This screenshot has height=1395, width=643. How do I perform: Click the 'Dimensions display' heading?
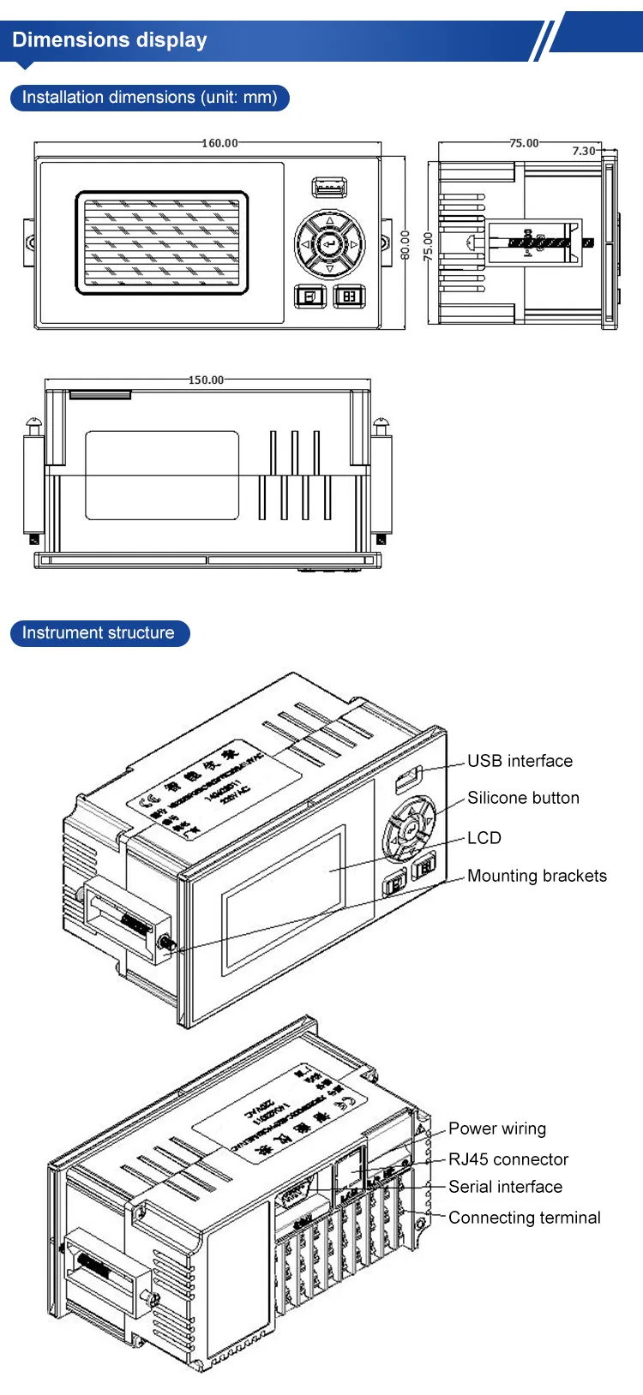110,40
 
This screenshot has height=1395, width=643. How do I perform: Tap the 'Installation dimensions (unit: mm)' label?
149,98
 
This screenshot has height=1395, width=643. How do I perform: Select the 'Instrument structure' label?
98,633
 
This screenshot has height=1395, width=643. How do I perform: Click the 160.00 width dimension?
219,143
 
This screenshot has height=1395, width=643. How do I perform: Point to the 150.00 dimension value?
206,380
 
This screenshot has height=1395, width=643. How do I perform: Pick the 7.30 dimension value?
584,151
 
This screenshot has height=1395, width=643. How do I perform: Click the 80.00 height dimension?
406,245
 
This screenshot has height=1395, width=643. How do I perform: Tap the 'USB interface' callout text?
520,761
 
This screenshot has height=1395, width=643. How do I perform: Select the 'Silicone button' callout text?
523,798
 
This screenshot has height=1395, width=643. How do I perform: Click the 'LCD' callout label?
484,838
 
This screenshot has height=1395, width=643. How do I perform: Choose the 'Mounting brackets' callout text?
537,876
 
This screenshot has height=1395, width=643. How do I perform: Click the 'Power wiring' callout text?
497,1129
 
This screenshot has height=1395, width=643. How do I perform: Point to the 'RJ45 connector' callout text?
508,1159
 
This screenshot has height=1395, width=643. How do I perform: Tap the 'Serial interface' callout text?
505,1187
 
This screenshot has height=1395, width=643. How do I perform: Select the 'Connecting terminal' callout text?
524,1218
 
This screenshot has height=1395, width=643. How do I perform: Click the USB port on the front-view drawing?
329,187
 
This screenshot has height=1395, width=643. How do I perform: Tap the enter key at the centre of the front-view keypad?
329,245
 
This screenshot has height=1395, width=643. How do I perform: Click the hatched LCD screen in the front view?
162,243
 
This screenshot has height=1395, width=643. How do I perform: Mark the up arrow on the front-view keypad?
329,222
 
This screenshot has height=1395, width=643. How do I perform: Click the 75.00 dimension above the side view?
524,143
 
